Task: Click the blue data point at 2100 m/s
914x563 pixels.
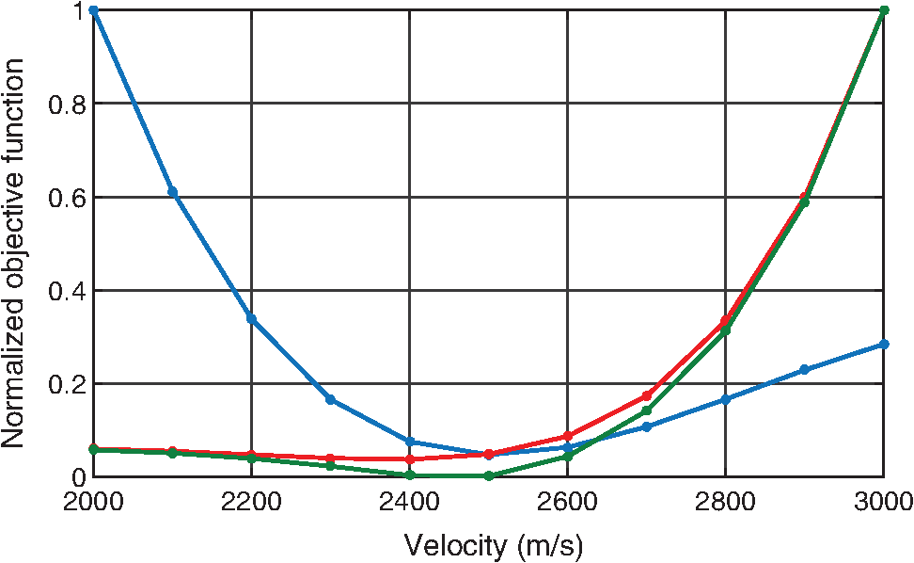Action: click(x=172, y=192)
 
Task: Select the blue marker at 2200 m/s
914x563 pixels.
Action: click(x=251, y=318)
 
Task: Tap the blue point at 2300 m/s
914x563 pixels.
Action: click(x=330, y=400)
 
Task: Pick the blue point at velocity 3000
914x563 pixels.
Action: click(x=883, y=345)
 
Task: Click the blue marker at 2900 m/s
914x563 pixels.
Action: click(x=804, y=370)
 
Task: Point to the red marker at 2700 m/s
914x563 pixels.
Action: click(x=646, y=395)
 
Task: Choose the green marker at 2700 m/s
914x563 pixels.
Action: click(x=646, y=410)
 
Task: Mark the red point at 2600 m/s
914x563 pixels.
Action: click(x=567, y=436)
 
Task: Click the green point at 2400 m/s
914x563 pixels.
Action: click(x=409, y=475)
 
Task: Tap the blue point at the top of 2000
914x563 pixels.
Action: click(x=93, y=10)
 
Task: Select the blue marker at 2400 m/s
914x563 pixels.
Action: click(x=409, y=442)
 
